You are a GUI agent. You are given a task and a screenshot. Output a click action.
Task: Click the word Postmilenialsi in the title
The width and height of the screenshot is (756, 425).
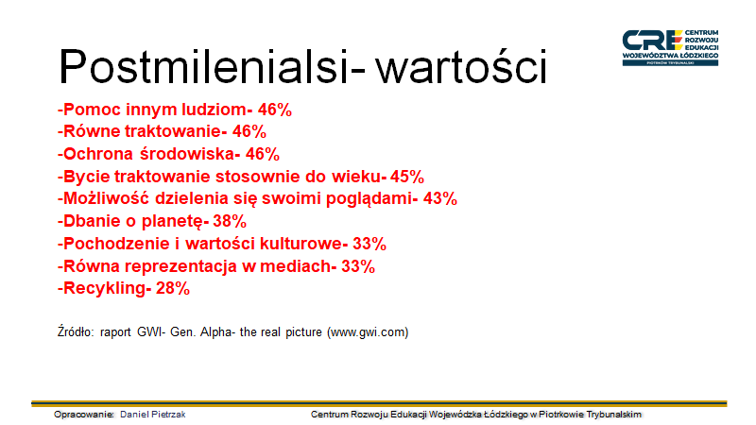click(202, 66)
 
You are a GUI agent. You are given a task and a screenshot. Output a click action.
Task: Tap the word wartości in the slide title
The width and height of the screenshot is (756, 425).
click(462, 66)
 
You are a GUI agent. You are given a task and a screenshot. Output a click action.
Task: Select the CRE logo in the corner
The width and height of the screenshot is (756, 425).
click(670, 48)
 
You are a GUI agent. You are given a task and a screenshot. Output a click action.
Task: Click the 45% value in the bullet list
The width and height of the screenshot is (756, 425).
click(407, 177)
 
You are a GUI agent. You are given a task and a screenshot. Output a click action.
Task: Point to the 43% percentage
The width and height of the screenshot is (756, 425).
click(440, 198)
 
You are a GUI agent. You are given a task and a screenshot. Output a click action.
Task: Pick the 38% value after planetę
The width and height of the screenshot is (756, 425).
click(230, 221)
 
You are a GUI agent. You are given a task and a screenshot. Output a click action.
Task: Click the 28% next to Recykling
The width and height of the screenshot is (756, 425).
click(173, 288)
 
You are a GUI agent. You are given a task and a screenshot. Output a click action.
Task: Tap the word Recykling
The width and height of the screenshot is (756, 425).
click(104, 289)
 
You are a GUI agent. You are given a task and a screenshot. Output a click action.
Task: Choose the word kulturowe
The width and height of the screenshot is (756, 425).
click(301, 244)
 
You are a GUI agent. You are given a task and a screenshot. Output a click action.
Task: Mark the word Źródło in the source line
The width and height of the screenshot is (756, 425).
click(76, 331)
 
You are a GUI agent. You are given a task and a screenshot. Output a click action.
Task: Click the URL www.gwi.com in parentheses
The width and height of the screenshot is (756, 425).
click(368, 332)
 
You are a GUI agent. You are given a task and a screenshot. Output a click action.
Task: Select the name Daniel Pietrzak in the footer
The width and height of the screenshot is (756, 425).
click(153, 415)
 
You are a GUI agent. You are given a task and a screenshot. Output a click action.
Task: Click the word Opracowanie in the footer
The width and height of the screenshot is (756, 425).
click(84, 415)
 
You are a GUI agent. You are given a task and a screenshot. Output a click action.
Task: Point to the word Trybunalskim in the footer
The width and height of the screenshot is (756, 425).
click(613, 415)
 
